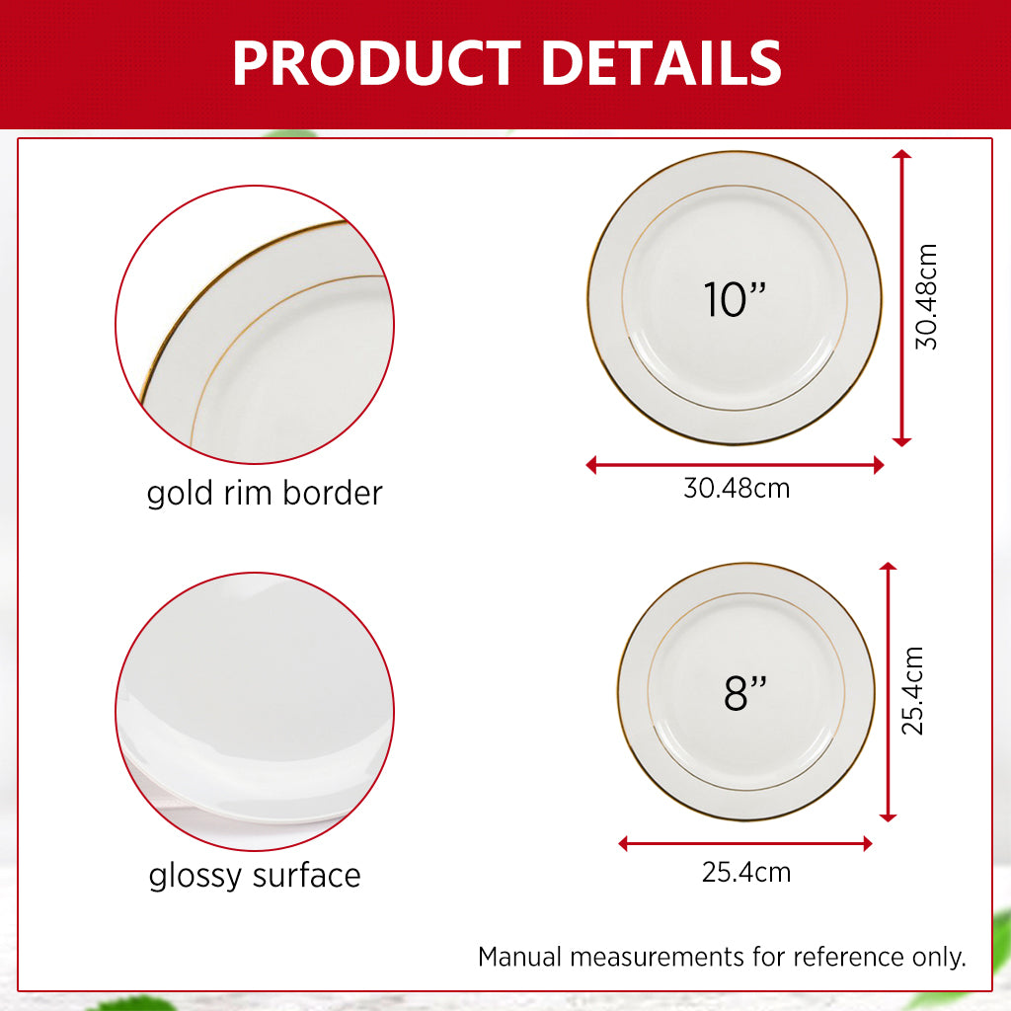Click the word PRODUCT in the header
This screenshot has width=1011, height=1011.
click(375, 63)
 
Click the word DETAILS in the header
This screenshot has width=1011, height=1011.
click(661, 63)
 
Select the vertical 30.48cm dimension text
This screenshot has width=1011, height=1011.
click(926, 297)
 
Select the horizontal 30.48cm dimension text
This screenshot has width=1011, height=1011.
click(737, 488)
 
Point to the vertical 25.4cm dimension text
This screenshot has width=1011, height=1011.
click(913, 691)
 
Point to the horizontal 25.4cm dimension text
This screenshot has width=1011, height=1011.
click(746, 873)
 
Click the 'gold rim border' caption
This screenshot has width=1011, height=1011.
click(264, 493)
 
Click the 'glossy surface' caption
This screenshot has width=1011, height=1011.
click(255, 875)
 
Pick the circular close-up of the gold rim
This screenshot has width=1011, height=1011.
click(255, 325)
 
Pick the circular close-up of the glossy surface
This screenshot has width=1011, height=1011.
click(255, 711)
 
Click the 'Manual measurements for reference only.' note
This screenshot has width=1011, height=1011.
click(722, 957)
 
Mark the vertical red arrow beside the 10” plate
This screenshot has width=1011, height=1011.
click(900, 297)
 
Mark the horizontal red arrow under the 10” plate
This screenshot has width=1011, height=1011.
click(736, 465)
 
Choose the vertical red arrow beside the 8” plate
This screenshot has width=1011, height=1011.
click(888, 691)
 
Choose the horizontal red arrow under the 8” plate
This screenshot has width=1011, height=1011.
click(745, 844)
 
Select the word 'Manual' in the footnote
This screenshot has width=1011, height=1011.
click(520, 957)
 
